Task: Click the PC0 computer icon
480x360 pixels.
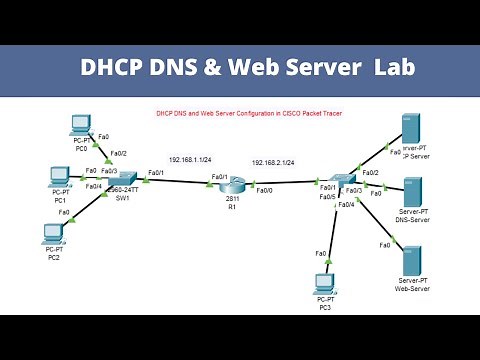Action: click(x=82, y=125)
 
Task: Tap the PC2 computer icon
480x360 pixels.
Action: click(x=53, y=233)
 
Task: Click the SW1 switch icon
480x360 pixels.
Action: click(x=123, y=181)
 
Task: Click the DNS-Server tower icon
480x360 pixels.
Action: click(x=413, y=190)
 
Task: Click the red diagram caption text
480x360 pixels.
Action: click(x=243, y=113)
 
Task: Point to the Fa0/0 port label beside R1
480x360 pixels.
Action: click(x=265, y=191)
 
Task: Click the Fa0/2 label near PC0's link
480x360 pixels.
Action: click(x=118, y=153)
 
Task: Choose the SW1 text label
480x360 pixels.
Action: click(x=123, y=199)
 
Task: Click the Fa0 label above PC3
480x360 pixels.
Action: click(x=321, y=253)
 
